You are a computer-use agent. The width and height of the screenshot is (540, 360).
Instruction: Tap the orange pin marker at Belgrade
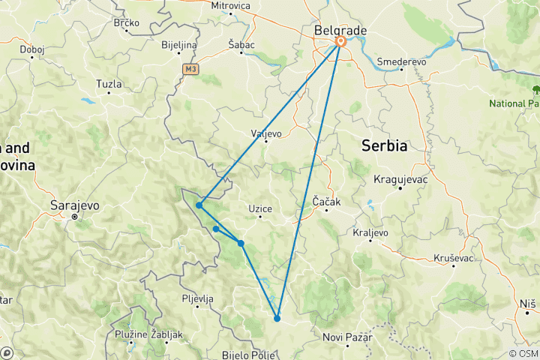tap(340, 43)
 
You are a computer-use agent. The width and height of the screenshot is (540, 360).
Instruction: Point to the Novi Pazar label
tap(348, 337)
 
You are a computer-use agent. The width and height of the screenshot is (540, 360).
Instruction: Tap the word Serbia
tap(385, 145)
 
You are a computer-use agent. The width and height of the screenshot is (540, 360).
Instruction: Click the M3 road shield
tap(190, 68)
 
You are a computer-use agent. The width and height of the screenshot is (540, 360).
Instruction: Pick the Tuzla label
tap(109, 85)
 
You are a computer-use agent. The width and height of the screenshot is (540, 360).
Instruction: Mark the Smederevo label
tap(402, 61)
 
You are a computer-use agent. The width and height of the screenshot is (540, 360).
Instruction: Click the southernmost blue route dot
tap(277, 319)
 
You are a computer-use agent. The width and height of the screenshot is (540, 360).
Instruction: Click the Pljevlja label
tap(198, 298)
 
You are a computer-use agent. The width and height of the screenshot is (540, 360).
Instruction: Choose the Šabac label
tap(241, 45)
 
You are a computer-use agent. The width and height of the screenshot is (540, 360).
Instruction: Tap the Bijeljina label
tap(178, 45)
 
